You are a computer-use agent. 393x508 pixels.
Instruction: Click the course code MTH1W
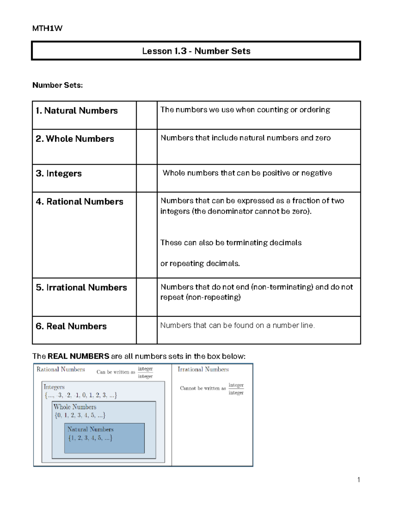click(47, 28)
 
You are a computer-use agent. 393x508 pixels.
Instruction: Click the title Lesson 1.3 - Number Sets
click(196, 51)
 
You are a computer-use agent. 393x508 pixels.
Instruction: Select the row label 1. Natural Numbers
click(77, 111)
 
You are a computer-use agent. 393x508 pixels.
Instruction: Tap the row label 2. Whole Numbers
click(75, 139)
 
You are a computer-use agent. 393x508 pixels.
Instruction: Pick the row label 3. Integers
click(59, 173)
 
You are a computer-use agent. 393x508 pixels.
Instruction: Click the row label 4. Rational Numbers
click(80, 201)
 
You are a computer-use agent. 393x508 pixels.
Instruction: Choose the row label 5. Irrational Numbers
click(82, 288)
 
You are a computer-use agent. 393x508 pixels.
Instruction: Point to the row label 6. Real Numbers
click(71, 326)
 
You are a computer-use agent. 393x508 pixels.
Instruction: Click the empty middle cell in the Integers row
click(147, 178)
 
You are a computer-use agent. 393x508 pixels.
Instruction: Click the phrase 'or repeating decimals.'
click(200, 264)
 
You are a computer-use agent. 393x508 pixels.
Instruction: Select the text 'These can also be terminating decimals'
click(231, 243)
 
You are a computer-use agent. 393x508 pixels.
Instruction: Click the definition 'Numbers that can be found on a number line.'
click(237, 325)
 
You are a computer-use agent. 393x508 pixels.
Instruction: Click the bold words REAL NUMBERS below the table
click(78, 356)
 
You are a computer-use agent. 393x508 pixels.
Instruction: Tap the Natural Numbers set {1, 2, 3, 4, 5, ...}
click(90, 438)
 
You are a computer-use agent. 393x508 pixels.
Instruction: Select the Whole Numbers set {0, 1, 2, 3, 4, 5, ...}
click(80, 415)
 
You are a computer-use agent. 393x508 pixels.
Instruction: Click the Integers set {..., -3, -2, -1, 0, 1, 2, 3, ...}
click(81, 395)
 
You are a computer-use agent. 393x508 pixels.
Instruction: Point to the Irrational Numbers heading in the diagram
click(203, 369)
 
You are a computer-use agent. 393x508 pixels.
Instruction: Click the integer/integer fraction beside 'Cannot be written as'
click(236, 389)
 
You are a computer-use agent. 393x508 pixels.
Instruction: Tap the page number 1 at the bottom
click(359, 480)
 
